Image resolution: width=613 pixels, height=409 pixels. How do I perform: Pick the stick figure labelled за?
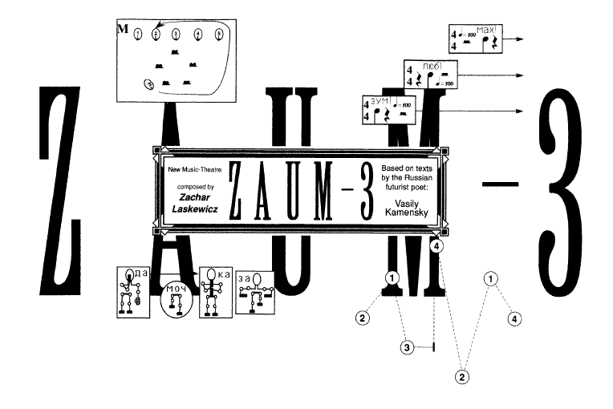257,290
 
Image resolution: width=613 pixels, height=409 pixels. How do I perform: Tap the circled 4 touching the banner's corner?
436,248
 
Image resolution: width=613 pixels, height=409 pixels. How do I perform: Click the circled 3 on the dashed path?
408,347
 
